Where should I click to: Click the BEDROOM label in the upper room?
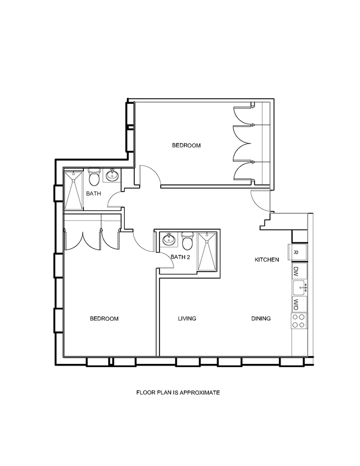pyautogui.click(x=186, y=146)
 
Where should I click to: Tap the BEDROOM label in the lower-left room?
pyautogui.click(x=104, y=319)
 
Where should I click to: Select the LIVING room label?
pyautogui.click(x=187, y=319)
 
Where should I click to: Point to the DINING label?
pyautogui.click(x=261, y=319)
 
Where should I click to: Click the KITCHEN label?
pyautogui.click(x=267, y=260)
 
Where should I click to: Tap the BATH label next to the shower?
pyautogui.click(x=93, y=194)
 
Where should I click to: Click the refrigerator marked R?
pyautogui.click(x=296, y=252)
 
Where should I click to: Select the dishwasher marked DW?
pyautogui.click(x=296, y=271)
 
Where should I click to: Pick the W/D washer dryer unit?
pyautogui.click(x=296, y=304)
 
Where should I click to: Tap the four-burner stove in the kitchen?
pyautogui.click(x=299, y=321)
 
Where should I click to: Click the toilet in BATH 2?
pyautogui.click(x=188, y=241)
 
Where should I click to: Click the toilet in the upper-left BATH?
pyautogui.click(x=94, y=178)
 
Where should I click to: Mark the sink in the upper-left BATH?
pyautogui.click(x=112, y=176)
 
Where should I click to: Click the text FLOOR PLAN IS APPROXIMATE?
pyautogui.click(x=178, y=393)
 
